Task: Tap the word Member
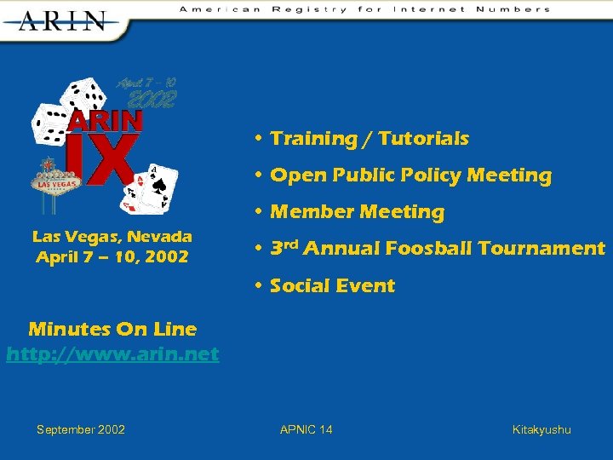tap(311, 212)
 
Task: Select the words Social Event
tap(332, 285)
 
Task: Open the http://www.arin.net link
tap(112, 353)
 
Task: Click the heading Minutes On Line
tap(112, 329)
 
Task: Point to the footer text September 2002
tap(81, 429)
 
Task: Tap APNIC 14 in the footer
tap(306, 429)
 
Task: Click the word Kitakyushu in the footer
tap(541, 429)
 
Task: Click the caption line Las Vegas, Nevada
tap(112, 236)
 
